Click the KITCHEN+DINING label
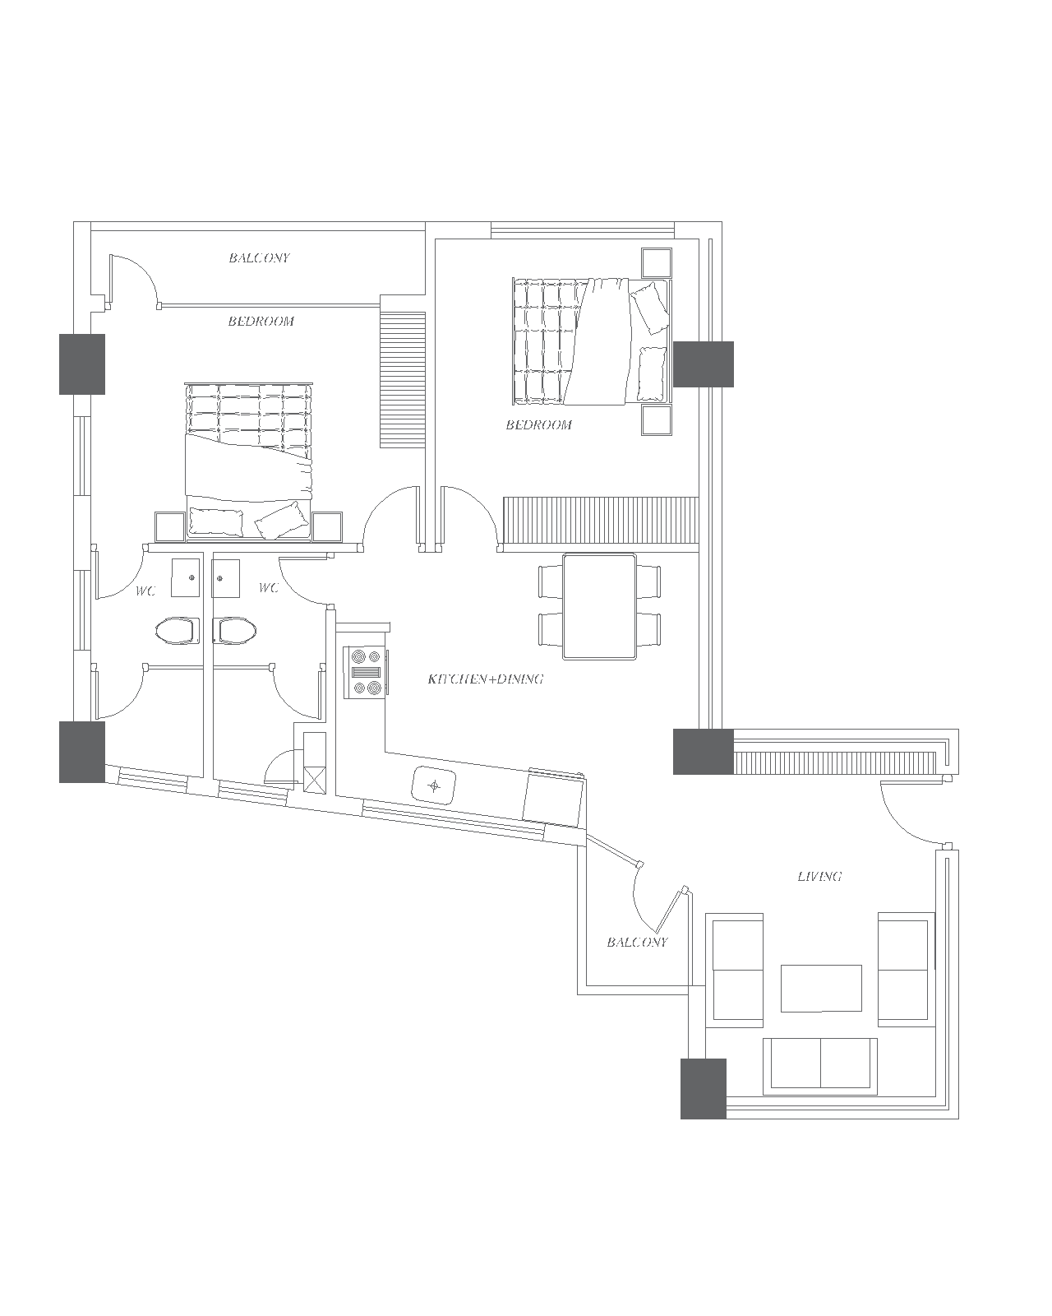[x=486, y=679]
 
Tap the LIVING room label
[x=819, y=876]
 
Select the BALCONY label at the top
[x=259, y=258]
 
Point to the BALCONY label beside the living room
[x=638, y=943]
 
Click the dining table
[x=599, y=606]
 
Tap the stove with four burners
[x=366, y=672]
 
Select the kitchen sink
[x=434, y=785]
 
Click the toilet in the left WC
[x=178, y=630]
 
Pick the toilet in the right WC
[x=235, y=630]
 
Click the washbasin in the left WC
[x=185, y=577]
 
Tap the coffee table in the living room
[x=821, y=988]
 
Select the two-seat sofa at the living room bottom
[x=819, y=1066]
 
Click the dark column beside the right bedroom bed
[x=703, y=364]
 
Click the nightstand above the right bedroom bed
[x=657, y=263]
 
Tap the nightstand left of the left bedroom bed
[x=170, y=527]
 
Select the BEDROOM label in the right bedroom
[x=538, y=425]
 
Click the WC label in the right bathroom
[x=269, y=587]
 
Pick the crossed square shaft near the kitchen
[x=314, y=780]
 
